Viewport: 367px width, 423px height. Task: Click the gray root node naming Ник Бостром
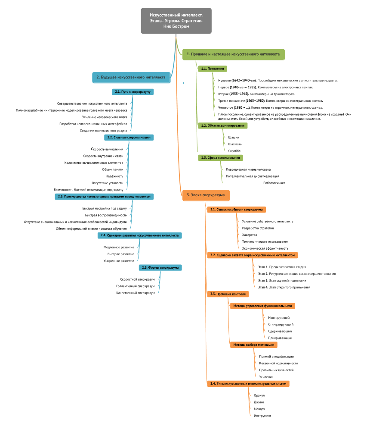coord(176,21)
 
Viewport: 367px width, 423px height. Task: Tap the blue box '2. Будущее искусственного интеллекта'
coord(131,77)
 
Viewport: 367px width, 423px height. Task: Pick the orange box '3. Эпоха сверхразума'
coord(206,195)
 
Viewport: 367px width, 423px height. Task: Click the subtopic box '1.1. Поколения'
coord(212,69)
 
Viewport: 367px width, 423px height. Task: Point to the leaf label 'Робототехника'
coord(274,183)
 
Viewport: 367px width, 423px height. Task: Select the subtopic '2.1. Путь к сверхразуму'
coord(133,92)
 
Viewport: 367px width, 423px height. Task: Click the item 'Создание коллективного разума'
coord(103,130)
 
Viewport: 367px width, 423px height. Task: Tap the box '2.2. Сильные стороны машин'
coord(129,137)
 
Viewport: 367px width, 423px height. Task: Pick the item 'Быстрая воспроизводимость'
coord(106,215)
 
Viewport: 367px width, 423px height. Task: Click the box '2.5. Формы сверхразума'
coord(160,267)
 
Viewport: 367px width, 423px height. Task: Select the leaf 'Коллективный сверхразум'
coord(135,286)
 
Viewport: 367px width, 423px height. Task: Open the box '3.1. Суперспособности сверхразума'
coord(236,210)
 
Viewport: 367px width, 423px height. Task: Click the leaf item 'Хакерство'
coord(250,235)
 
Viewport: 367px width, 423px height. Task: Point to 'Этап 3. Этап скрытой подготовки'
coord(279,280)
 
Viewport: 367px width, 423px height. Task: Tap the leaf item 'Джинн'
coord(259,402)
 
